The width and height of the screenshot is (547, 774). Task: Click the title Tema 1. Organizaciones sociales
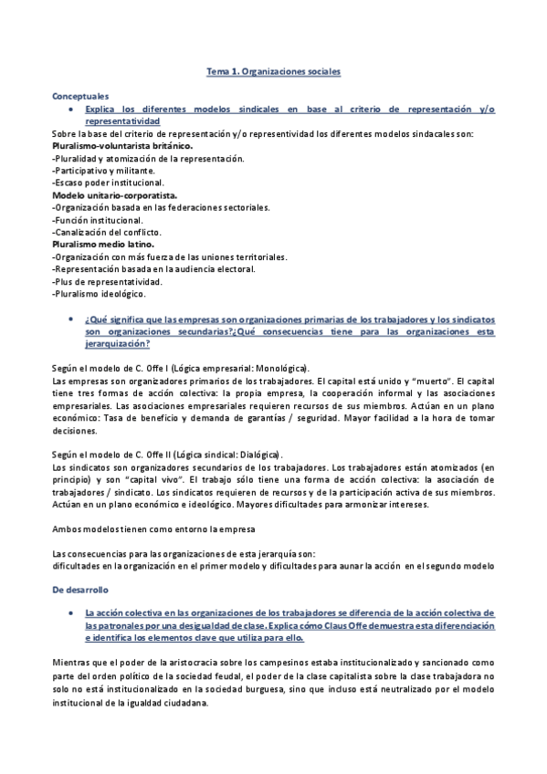click(273, 70)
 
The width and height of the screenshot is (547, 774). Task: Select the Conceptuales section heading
click(81, 95)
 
